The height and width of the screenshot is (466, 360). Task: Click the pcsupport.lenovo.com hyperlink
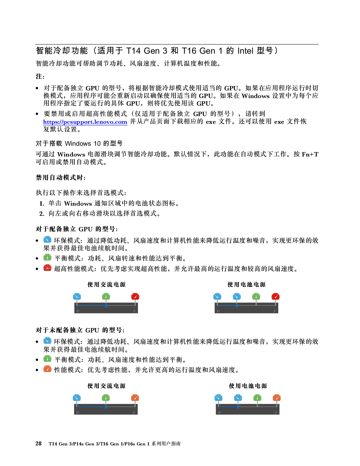click(x=85, y=122)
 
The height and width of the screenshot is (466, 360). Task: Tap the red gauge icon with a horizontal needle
click(x=47, y=267)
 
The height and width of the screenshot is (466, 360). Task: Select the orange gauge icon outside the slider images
click(x=47, y=369)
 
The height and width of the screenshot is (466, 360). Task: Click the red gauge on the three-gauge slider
click(x=135, y=297)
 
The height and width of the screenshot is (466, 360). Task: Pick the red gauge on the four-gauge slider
click(x=276, y=297)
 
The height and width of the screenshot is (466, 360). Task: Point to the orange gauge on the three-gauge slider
click(x=135, y=398)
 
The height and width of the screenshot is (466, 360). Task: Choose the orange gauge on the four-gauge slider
click(x=277, y=398)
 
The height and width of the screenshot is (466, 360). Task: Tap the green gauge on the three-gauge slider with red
click(x=106, y=297)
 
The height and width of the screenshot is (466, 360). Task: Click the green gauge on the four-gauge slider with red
click(x=256, y=297)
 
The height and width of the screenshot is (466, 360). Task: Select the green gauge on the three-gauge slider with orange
click(x=106, y=398)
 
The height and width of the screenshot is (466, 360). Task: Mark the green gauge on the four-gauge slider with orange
click(x=257, y=398)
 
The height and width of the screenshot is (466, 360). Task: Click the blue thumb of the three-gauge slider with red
click(x=106, y=305)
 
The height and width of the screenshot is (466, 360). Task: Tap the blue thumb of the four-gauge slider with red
click(x=237, y=305)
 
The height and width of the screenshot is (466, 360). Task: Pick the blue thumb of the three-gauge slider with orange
click(x=106, y=407)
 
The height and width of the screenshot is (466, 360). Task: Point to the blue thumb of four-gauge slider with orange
click(x=238, y=407)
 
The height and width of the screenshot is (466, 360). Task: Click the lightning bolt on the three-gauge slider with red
click(x=134, y=311)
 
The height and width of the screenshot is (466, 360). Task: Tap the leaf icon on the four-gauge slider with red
click(x=218, y=311)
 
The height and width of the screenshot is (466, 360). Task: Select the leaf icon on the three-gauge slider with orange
click(x=78, y=412)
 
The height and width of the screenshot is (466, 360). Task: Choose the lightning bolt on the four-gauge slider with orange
click(x=276, y=412)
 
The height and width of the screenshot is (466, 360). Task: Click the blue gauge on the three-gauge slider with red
click(x=77, y=297)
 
